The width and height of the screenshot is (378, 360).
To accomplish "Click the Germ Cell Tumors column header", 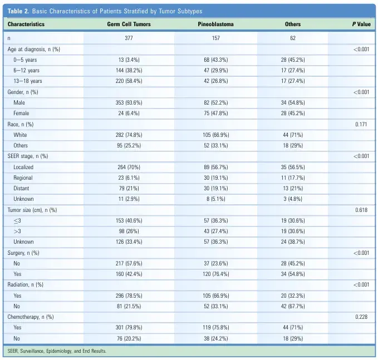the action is (129, 24).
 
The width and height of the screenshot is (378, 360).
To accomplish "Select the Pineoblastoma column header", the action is (215, 24).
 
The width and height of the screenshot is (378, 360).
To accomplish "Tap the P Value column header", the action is (361, 24).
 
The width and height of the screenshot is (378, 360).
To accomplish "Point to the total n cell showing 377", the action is (129, 38).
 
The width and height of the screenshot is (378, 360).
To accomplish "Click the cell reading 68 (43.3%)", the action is (216, 60).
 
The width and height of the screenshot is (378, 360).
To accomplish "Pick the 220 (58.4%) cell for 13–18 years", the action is (129, 81).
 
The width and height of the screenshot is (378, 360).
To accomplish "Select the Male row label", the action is (19, 102).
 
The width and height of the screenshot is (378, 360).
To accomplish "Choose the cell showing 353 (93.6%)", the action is (129, 102).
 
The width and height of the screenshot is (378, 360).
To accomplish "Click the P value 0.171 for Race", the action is (361, 124).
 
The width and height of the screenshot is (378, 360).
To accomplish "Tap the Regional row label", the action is (23, 178).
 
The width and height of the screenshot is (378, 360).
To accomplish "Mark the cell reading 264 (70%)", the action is (129, 167).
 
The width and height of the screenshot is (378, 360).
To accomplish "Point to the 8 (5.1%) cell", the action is (216, 199).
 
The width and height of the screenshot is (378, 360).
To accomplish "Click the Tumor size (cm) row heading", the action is (32, 210).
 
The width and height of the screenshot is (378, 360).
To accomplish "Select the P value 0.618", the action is (361, 210).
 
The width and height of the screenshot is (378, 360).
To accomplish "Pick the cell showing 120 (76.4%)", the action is (216, 274).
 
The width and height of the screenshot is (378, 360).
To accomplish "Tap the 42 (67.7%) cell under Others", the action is (293, 306).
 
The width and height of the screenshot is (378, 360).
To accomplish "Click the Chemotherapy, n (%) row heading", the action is (31, 317).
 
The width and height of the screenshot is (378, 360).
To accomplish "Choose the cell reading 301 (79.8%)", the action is (129, 328).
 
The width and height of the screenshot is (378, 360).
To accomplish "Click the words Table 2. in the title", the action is (18, 11).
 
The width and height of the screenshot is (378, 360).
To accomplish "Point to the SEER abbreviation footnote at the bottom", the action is (57, 351).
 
